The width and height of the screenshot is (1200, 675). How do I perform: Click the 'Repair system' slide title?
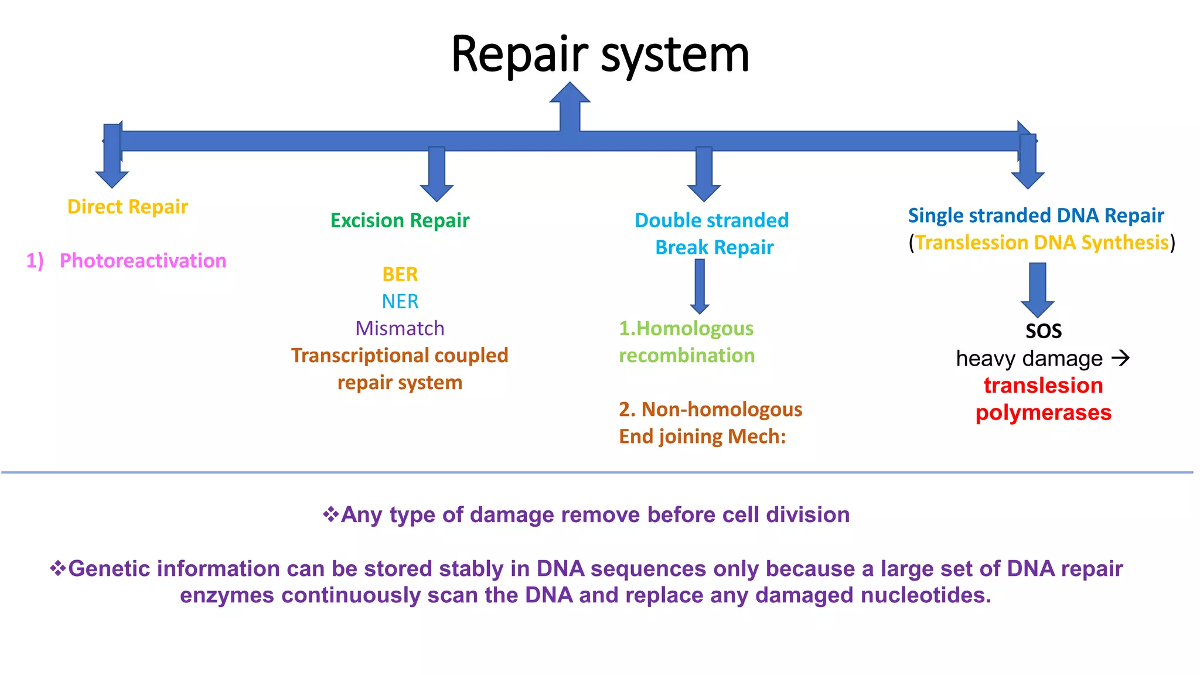600,54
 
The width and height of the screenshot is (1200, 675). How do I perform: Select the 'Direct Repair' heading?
127,207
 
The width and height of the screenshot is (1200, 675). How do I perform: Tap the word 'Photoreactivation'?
143,261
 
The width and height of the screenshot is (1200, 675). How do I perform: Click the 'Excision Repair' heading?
400,220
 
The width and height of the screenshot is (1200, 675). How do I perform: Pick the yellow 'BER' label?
400,274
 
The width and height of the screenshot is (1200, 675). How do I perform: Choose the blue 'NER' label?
400,301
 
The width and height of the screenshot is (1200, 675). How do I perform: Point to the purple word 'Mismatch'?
400,328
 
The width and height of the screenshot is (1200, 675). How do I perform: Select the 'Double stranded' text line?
711,220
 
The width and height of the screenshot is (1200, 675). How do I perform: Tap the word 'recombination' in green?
687,355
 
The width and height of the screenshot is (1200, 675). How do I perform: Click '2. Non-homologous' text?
710,409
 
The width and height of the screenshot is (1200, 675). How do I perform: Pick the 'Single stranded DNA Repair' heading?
1035,216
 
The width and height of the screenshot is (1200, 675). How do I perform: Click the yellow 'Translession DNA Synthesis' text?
1042,243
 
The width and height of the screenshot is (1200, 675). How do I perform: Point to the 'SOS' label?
1043,331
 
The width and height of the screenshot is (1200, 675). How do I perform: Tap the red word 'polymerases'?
1043,412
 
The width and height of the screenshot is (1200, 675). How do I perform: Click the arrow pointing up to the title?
570,105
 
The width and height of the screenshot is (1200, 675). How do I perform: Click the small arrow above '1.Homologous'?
700,286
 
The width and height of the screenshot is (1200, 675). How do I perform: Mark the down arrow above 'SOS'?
1037,290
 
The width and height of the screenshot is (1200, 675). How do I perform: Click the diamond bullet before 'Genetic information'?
57,568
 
